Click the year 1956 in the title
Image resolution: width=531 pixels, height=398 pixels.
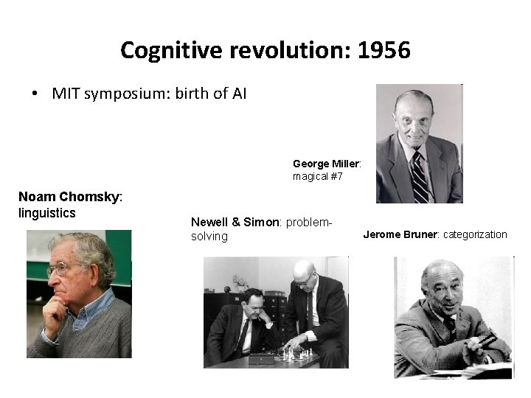click(x=383, y=50)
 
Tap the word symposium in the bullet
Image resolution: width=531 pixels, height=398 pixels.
click(x=128, y=94)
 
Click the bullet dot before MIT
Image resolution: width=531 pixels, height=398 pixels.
click(x=35, y=94)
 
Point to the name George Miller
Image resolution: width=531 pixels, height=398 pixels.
click(x=325, y=164)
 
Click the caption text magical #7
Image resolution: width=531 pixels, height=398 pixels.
click(x=318, y=177)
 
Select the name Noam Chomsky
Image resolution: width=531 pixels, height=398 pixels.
click(x=69, y=197)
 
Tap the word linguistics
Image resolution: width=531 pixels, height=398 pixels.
click(x=46, y=213)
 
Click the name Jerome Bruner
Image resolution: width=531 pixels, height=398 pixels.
click(x=400, y=235)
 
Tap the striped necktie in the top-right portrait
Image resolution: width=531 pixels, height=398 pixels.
click(x=419, y=176)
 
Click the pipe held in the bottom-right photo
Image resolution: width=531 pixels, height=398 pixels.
click(x=487, y=340)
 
